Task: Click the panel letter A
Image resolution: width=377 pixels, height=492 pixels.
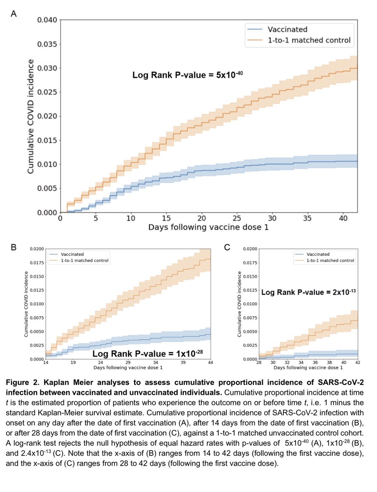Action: pos(14,14)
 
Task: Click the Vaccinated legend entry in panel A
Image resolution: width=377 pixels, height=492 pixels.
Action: pos(287,30)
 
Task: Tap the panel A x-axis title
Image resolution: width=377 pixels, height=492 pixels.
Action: pos(208,228)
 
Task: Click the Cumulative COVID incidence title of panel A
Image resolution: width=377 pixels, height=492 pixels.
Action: pos(31,116)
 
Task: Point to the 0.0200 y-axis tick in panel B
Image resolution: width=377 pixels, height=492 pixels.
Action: pos(37,249)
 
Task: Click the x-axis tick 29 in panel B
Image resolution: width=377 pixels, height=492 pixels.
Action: pos(128,363)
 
